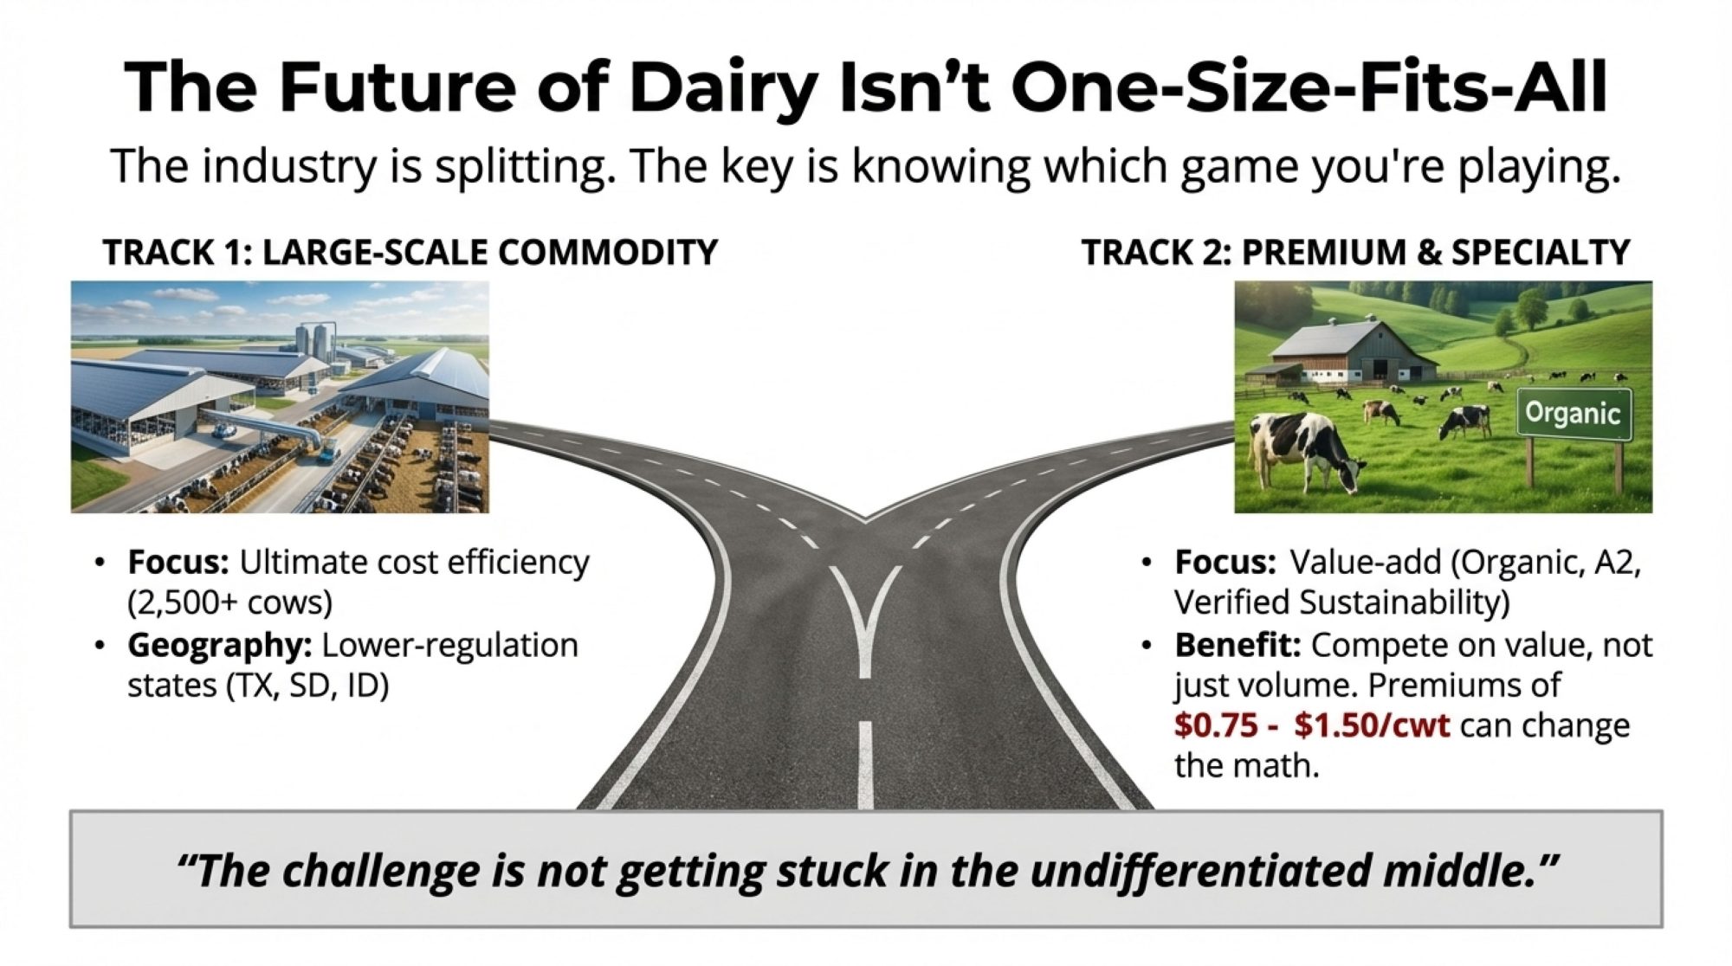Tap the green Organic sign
(x=1574, y=414)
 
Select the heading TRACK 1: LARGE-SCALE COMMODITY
(x=410, y=252)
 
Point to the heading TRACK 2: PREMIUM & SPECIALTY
(x=1355, y=252)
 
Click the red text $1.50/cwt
(x=1372, y=724)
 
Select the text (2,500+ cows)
(x=229, y=602)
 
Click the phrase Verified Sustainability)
(x=1341, y=602)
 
